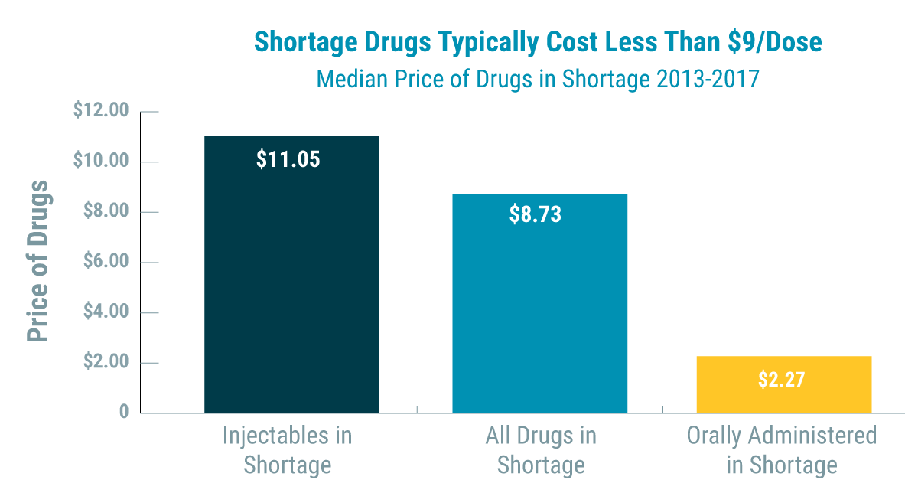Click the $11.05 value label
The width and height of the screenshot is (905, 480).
click(x=288, y=159)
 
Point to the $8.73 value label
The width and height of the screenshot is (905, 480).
click(x=535, y=214)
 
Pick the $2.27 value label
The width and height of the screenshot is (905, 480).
click(x=781, y=380)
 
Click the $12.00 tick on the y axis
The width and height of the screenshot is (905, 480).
click(x=102, y=111)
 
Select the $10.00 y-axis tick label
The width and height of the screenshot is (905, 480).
click(x=102, y=162)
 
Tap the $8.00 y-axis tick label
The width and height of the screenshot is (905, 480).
click(x=105, y=212)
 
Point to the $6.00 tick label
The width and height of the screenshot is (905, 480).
click(x=105, y=262)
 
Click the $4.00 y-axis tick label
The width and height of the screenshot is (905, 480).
click(x=105, y=312)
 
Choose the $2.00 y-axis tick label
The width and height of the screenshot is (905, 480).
click(x=105, y=362)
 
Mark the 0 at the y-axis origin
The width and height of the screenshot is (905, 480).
click(x=124, y=413)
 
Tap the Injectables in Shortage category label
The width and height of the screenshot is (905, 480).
click(x=288, y=449)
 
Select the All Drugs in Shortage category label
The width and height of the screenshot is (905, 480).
click(x=540, y=449)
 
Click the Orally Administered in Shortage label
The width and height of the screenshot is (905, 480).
click(x=781, y=449)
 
